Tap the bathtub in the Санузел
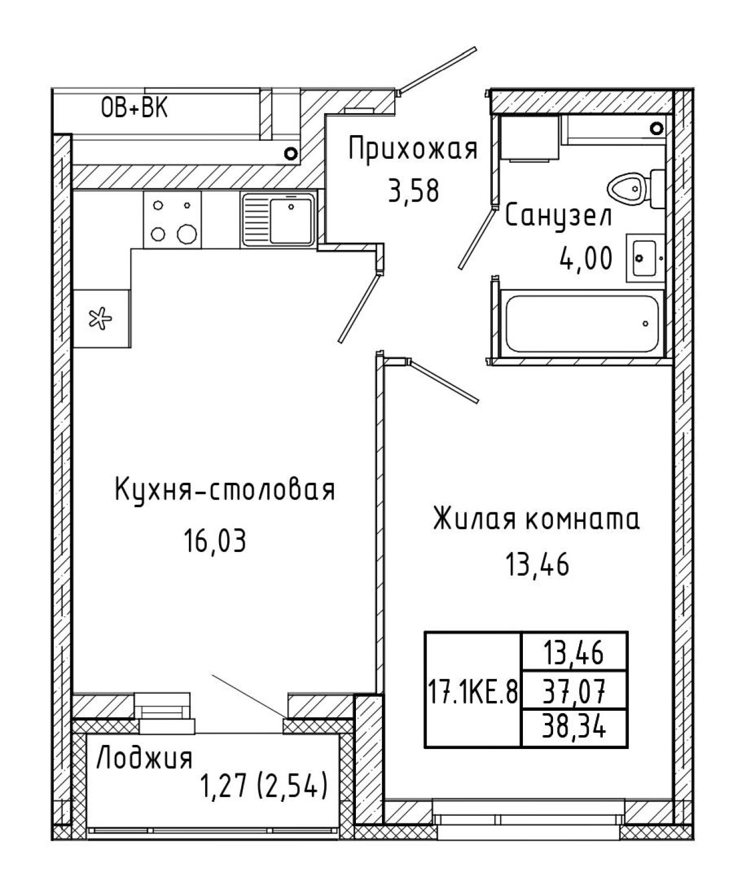click(x=582, y=323)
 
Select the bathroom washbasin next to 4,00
click(x=645, y=257)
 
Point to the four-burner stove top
click(x=172, y=220)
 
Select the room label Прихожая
click(x=413, y=149)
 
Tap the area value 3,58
click(x=413, y=191)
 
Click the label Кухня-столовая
click(x=225, y=490)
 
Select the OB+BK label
click(x=134, y=108)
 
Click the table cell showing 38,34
click(x=574, y=728)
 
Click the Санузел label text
click(x=558, y=217)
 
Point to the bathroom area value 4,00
click(x=586, y=258)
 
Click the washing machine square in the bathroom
click(x=530, y=138)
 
